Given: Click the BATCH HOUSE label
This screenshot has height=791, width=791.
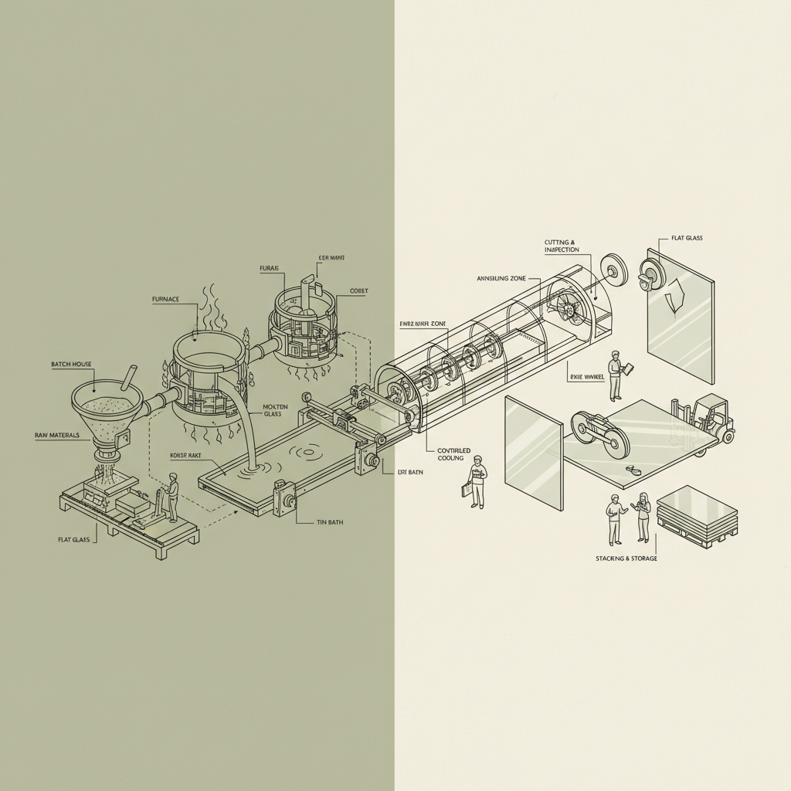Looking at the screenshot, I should (70, 363).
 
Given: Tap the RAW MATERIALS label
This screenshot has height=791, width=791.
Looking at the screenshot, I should (57, 436).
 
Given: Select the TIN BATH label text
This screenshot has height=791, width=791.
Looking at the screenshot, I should (330, 522).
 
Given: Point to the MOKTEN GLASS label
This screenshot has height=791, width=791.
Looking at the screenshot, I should (275, 410).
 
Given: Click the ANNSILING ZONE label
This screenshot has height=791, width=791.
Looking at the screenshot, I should (501, 278).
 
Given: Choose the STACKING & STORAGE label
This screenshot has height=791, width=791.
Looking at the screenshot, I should (626, 558).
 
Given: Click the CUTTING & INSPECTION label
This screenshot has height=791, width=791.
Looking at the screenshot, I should (562, 246).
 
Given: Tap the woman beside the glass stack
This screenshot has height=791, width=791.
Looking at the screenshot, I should (643, 517).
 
